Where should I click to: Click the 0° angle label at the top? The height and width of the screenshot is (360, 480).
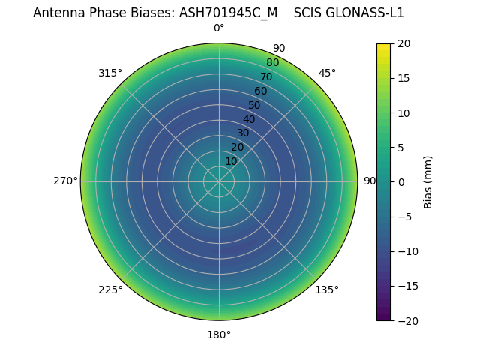coord(219,28)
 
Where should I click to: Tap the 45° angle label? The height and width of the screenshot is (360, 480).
coord(327,73)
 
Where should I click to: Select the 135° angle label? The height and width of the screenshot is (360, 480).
coord(327,289)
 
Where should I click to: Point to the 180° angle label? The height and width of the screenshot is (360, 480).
coord(219,334)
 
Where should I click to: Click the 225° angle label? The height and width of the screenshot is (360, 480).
coord(110,289)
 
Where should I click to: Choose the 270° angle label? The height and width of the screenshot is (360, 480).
coord(65,181)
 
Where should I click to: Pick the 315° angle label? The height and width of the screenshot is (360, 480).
coord(110,73)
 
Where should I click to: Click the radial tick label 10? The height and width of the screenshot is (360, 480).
coord(231,161)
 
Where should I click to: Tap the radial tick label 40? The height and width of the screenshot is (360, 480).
coord(249,119)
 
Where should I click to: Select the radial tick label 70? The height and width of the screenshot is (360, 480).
coord(266,76)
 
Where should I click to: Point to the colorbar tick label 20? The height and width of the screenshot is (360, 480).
coord(403,43)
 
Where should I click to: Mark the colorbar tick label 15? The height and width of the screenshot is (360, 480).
coord(403,78)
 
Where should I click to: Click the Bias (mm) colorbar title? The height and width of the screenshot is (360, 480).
coord(428,182)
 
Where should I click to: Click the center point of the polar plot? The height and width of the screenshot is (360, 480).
coord(219,181)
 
